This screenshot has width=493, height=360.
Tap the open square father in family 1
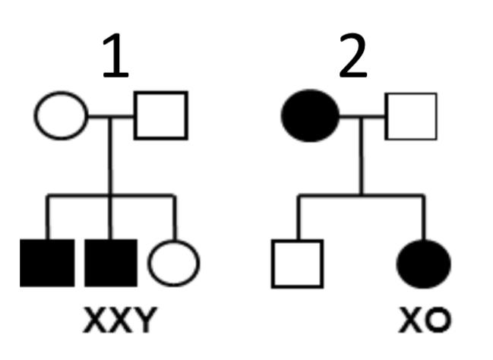click(160, 115)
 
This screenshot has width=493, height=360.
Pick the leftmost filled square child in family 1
click(47, 263)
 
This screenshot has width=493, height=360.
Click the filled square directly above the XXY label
click(111, 263)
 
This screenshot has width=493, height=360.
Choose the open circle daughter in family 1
click(173, 263)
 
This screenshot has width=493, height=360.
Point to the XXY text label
click(117, 322)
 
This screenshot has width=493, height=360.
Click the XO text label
click(425, 322)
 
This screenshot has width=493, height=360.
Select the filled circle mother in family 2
click(310, 116)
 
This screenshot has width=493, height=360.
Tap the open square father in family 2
click(411, 116)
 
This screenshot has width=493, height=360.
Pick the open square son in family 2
click(297, 264)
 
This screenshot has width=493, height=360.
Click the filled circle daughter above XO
click(424, 264)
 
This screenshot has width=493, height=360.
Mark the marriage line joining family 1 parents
click(111, 116)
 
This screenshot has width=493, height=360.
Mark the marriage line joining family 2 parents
click(362, 116)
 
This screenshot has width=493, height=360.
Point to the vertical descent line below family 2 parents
click(362, 159)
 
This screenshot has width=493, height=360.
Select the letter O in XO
click(436, 322)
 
